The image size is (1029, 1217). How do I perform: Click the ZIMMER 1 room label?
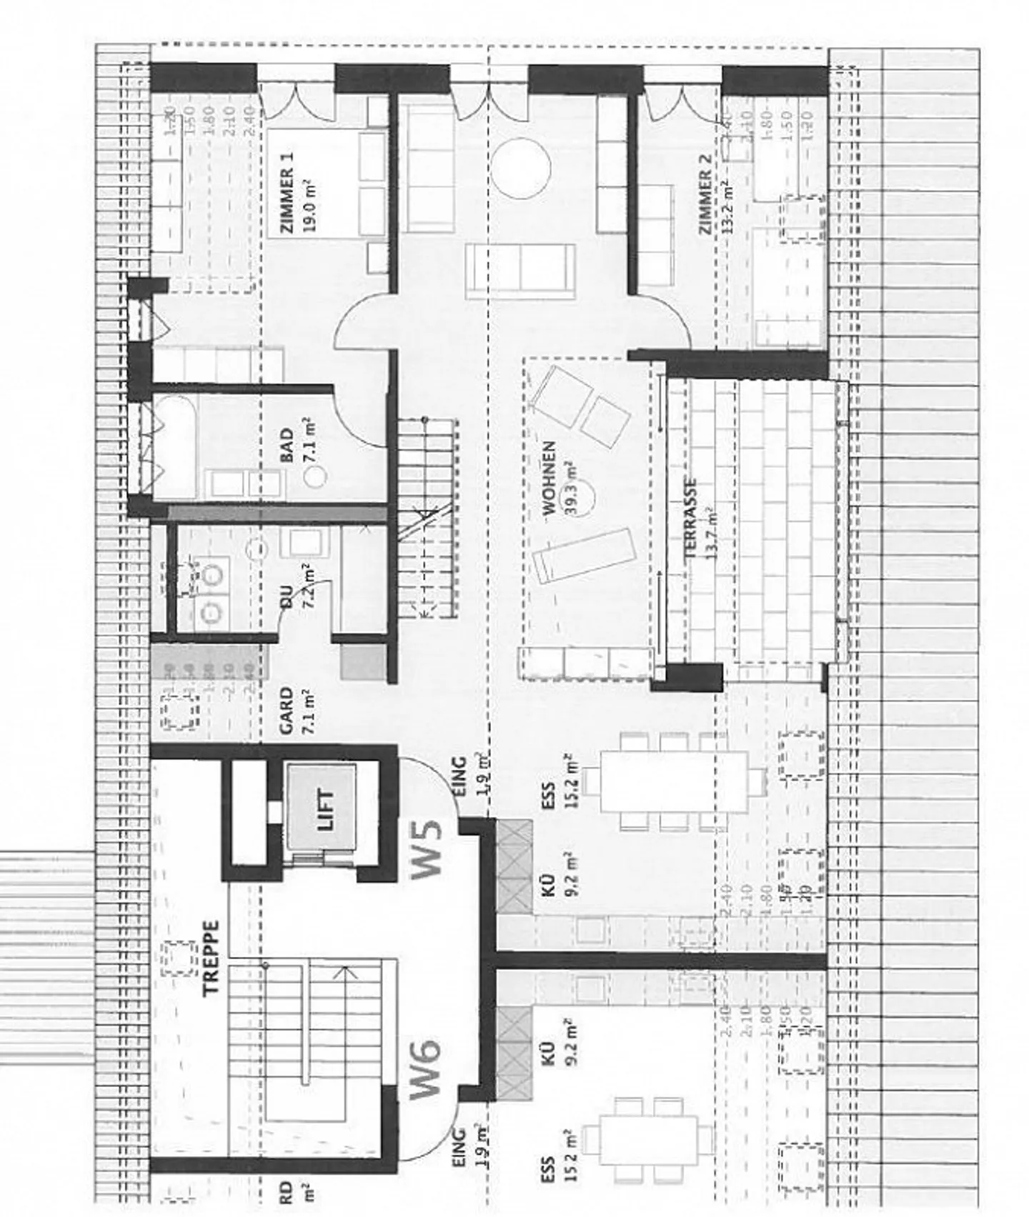287,192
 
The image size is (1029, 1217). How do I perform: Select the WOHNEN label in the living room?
549,478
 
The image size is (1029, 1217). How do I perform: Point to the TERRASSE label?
691,517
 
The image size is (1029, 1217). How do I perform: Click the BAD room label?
287,445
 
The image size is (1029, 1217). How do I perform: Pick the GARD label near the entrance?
286,711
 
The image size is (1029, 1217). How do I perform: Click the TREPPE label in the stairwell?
211,958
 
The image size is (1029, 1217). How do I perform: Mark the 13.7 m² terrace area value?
711,529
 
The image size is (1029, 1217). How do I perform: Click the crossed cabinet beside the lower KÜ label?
514,1053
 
